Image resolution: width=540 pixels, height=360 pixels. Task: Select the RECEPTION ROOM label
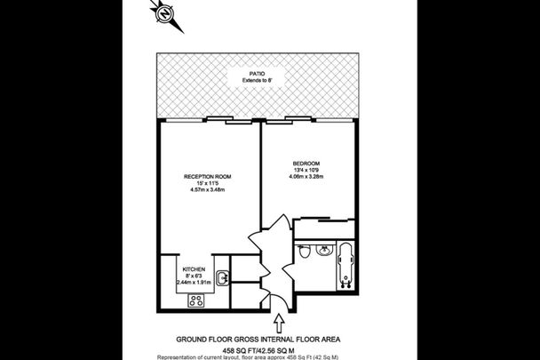pyautogui.click(x=207, y=177)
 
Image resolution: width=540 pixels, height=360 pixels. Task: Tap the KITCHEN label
pyautogui.click(x=195, y=268)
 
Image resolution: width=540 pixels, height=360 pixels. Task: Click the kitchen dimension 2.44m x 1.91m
pyautogui.click(x=194, y=283)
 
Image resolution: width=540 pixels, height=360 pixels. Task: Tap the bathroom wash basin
pyautogui.click(x=322, y=250)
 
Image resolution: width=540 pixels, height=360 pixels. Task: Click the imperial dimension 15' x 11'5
pyautogui.click(x=207, y=185)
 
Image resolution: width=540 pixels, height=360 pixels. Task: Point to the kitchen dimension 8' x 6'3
pyautogui.click(x=195, y=276)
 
